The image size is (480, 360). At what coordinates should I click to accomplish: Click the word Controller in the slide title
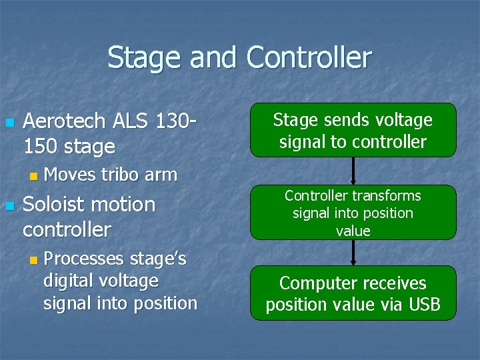(x=309, y=58)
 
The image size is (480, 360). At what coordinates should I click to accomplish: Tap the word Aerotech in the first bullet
(x=64, y=121)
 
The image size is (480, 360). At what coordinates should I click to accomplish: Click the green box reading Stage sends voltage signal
(x=353, y=130)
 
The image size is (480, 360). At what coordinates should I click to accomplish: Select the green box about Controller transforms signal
(x=353, y=213)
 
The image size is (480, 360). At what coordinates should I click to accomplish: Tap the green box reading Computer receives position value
(x=353, y=293)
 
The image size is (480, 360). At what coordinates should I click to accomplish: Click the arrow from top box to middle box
(x=353, y=171)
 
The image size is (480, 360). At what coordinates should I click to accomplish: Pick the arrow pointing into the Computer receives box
(x=353, y=253)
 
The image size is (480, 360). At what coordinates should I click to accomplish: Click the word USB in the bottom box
(x=424, y=305)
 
